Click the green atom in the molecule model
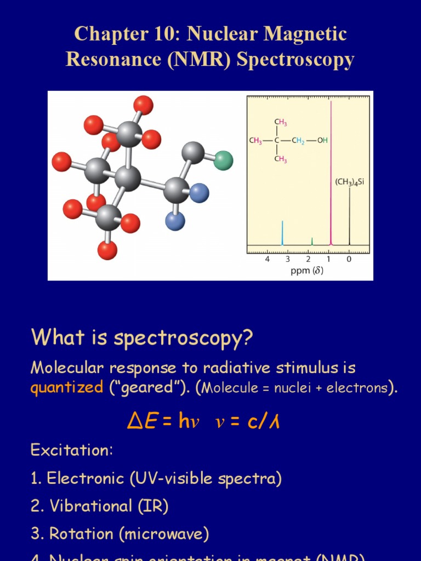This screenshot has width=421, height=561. click(223, 161)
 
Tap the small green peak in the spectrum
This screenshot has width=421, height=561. click(312, 241)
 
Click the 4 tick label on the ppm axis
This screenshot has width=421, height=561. click(268, 259)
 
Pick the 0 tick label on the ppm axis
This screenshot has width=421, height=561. click(349, 259)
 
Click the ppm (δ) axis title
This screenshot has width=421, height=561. click(306, 271)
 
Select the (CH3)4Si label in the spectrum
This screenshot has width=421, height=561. click(349, 182)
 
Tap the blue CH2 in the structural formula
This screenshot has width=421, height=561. click(298, 140)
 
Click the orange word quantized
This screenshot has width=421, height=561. click(66, 388)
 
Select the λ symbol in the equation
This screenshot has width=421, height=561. click(274, 421)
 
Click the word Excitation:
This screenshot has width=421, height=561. click(72, 450)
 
